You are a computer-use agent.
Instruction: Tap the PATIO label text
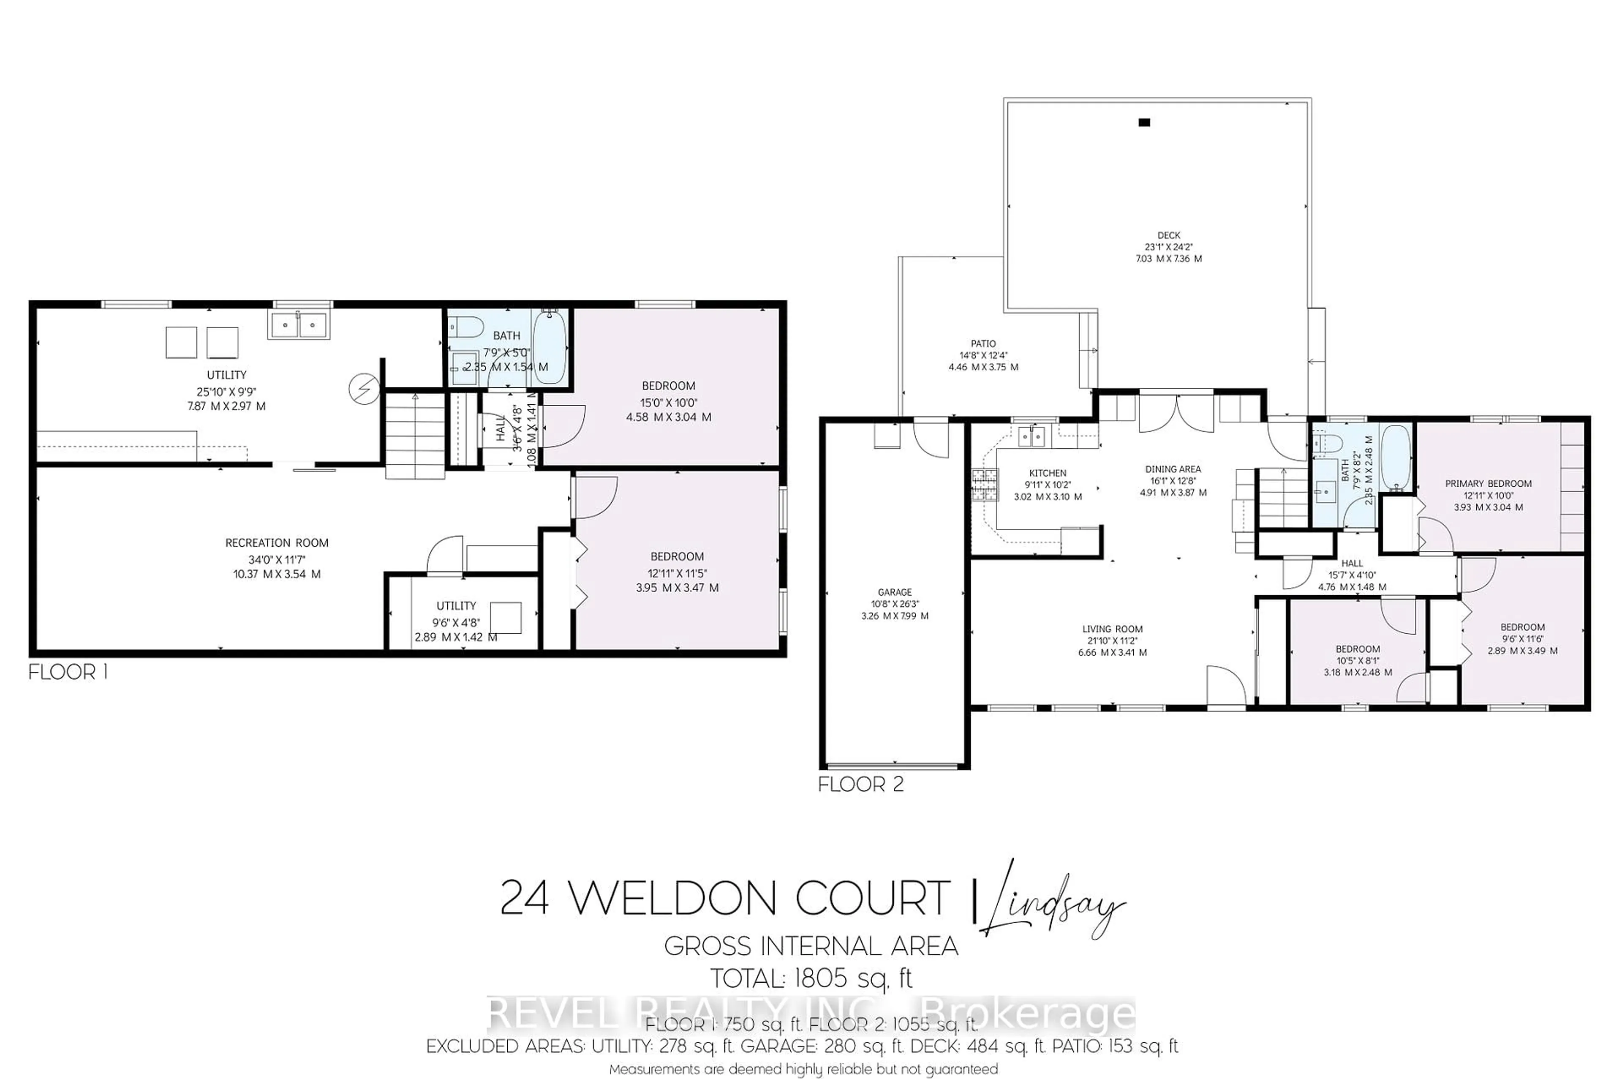(x=983, y=343)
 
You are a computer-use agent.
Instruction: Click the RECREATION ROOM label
(x=277, y=543)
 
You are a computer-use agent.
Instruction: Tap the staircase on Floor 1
(x=414, y=435)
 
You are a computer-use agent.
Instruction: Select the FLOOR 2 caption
(x=860, y=785)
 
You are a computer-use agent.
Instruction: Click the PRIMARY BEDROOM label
(x=1488, y=484)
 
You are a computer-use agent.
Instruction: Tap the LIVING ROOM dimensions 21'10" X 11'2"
(x=1112, y=640)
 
